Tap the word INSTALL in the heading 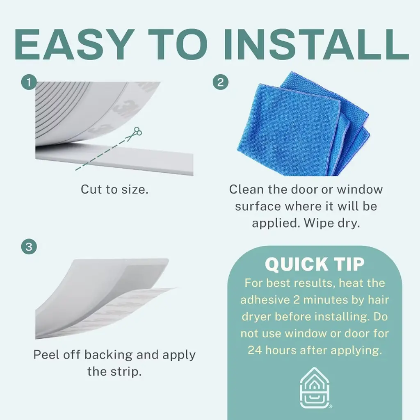316,44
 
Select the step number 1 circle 29,82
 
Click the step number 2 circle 220,82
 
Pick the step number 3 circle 29,247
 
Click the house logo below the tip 315,387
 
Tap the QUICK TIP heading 315,264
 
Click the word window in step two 360,189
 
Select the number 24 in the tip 254,350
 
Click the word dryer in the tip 256,317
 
